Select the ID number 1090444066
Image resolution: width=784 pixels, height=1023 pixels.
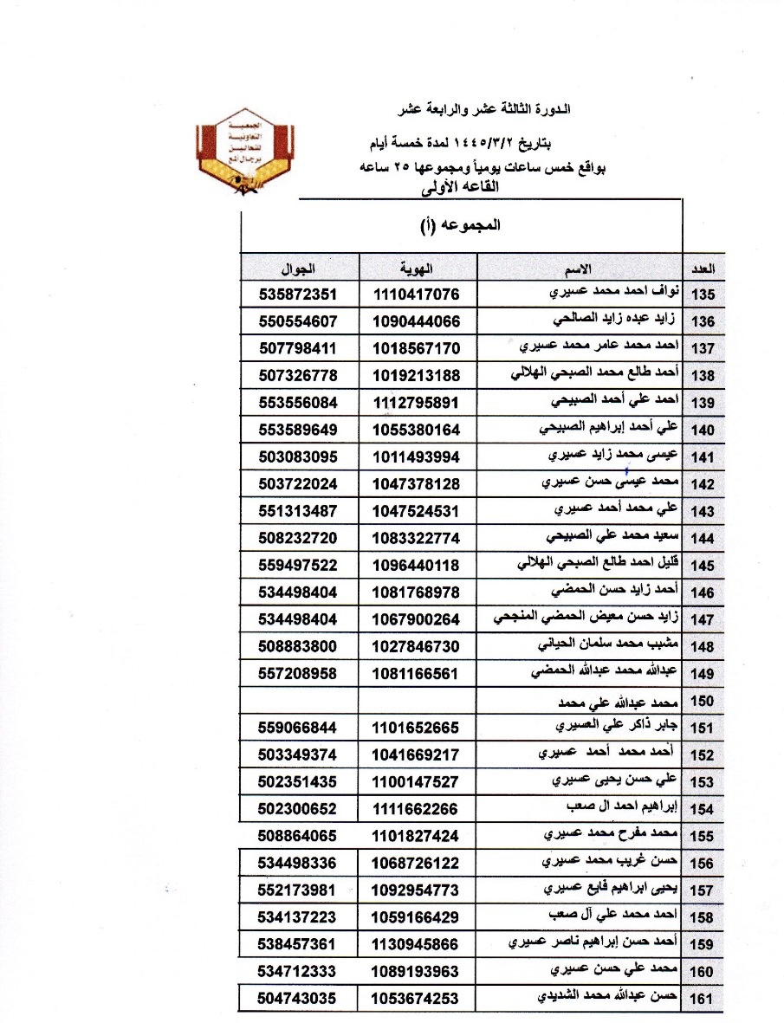[417, 320]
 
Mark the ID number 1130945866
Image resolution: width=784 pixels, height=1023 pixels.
[417, 942]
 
